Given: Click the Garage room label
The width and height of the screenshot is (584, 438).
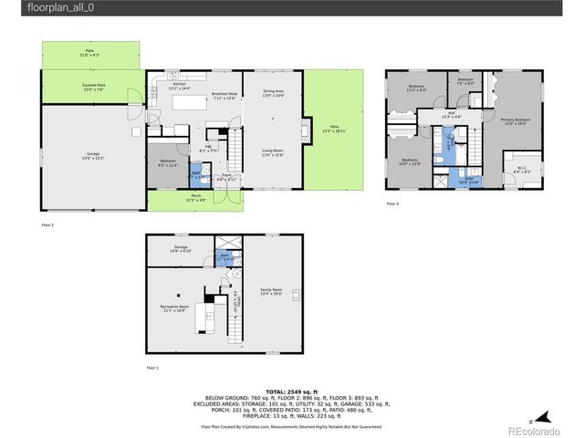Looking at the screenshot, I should coord(92,156).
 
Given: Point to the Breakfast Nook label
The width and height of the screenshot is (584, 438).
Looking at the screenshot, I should coord(224,96).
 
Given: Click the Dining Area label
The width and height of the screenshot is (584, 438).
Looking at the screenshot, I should coord(274,92).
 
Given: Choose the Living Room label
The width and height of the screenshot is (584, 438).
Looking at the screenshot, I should coord(274,153).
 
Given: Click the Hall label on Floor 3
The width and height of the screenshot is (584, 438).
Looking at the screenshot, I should coord(451,115).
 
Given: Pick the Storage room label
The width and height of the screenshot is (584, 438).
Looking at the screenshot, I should coord(181,249).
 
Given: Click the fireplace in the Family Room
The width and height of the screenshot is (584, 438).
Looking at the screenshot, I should coord(297,294).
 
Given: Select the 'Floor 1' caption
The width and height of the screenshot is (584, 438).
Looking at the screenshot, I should coord(151,368).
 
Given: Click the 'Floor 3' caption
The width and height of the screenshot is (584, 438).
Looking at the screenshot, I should coord(392,203).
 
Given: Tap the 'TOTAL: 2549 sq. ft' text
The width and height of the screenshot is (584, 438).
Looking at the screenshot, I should coord(291,390).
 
